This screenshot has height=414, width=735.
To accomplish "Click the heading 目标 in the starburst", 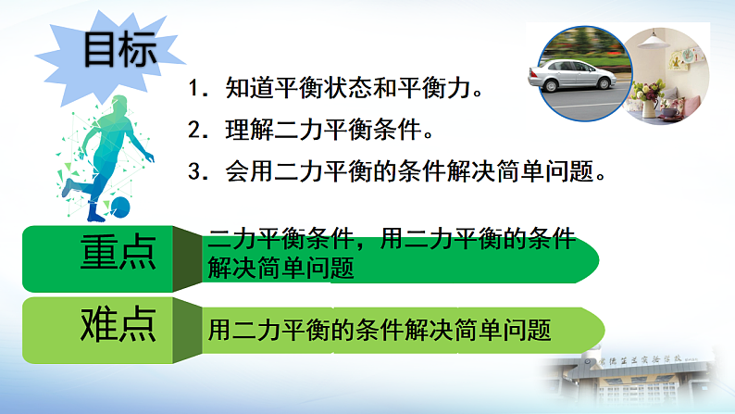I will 119,51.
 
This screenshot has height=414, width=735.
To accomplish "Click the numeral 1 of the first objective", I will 194,91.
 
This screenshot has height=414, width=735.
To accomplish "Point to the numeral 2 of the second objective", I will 194,131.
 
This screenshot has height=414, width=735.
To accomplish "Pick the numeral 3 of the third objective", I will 194,171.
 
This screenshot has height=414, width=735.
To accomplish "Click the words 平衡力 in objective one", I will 453,91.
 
